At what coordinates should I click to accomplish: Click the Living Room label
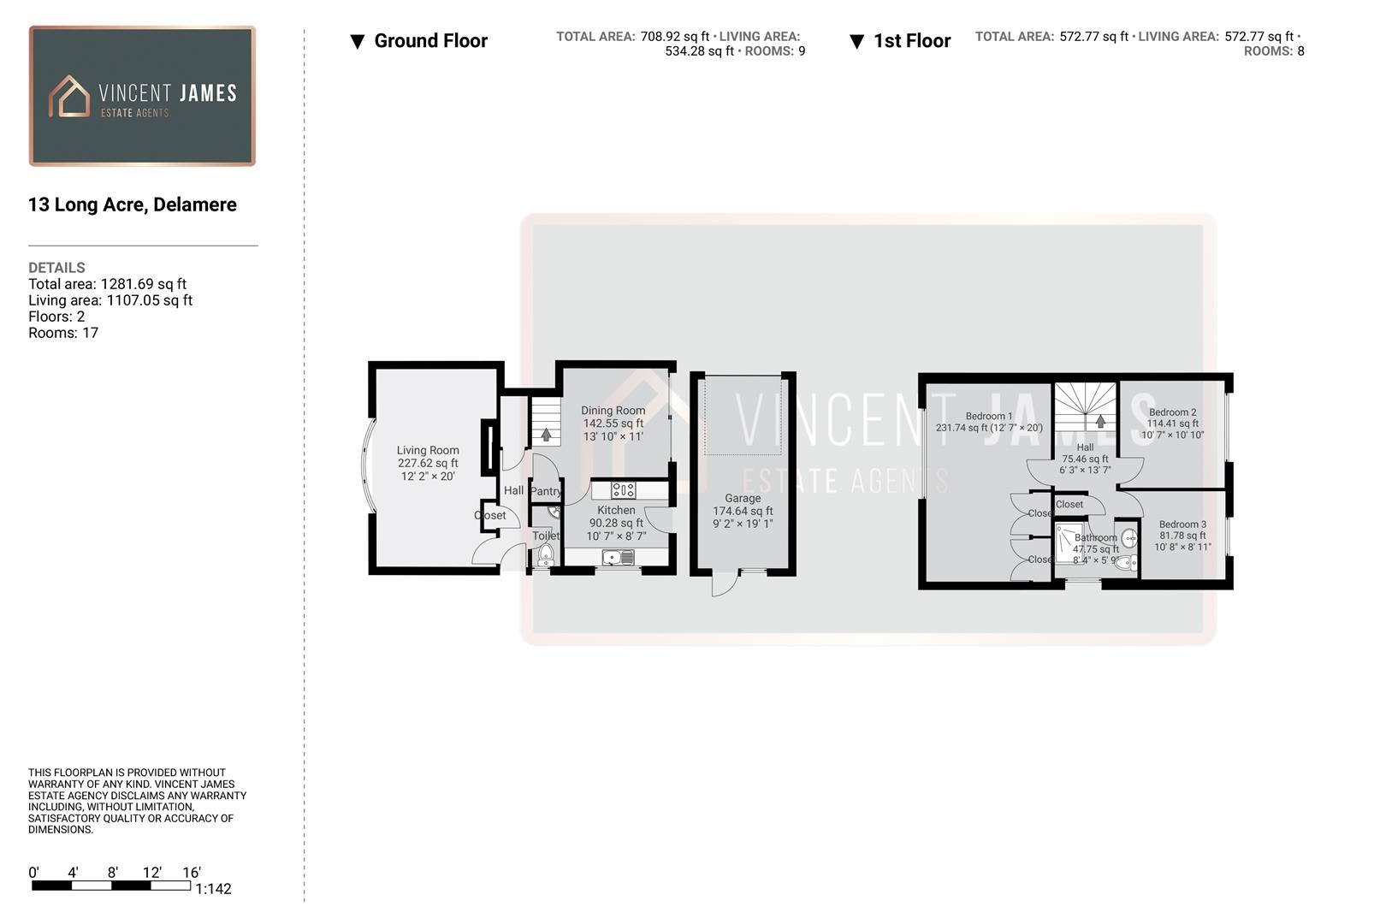point(428,450)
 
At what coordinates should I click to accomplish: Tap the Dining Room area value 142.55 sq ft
point(613,423)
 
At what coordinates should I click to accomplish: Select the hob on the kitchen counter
point(624,490)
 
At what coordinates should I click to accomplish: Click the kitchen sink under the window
point(619,558)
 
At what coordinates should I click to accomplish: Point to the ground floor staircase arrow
point(546,435)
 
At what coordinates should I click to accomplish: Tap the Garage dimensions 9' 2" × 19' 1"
point(743,524)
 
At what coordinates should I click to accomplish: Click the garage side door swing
point(723,585)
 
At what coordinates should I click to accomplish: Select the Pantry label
point(546,491)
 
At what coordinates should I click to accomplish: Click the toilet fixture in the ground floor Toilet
point(546,554)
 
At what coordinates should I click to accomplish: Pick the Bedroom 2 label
point(1172,412)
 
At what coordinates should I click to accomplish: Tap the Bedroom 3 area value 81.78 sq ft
point(1182,536)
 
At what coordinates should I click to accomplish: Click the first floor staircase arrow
point(1100,421)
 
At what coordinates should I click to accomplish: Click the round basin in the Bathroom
point(1128,538)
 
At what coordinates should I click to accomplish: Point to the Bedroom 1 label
point(988,416)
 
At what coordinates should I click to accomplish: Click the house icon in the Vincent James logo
point(69,96)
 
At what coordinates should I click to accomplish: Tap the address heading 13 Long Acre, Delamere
point(133,204)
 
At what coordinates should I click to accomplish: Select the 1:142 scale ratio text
point(213,889)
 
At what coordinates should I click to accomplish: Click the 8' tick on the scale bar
point(112,873)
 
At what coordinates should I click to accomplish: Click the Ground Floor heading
point(430,41)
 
